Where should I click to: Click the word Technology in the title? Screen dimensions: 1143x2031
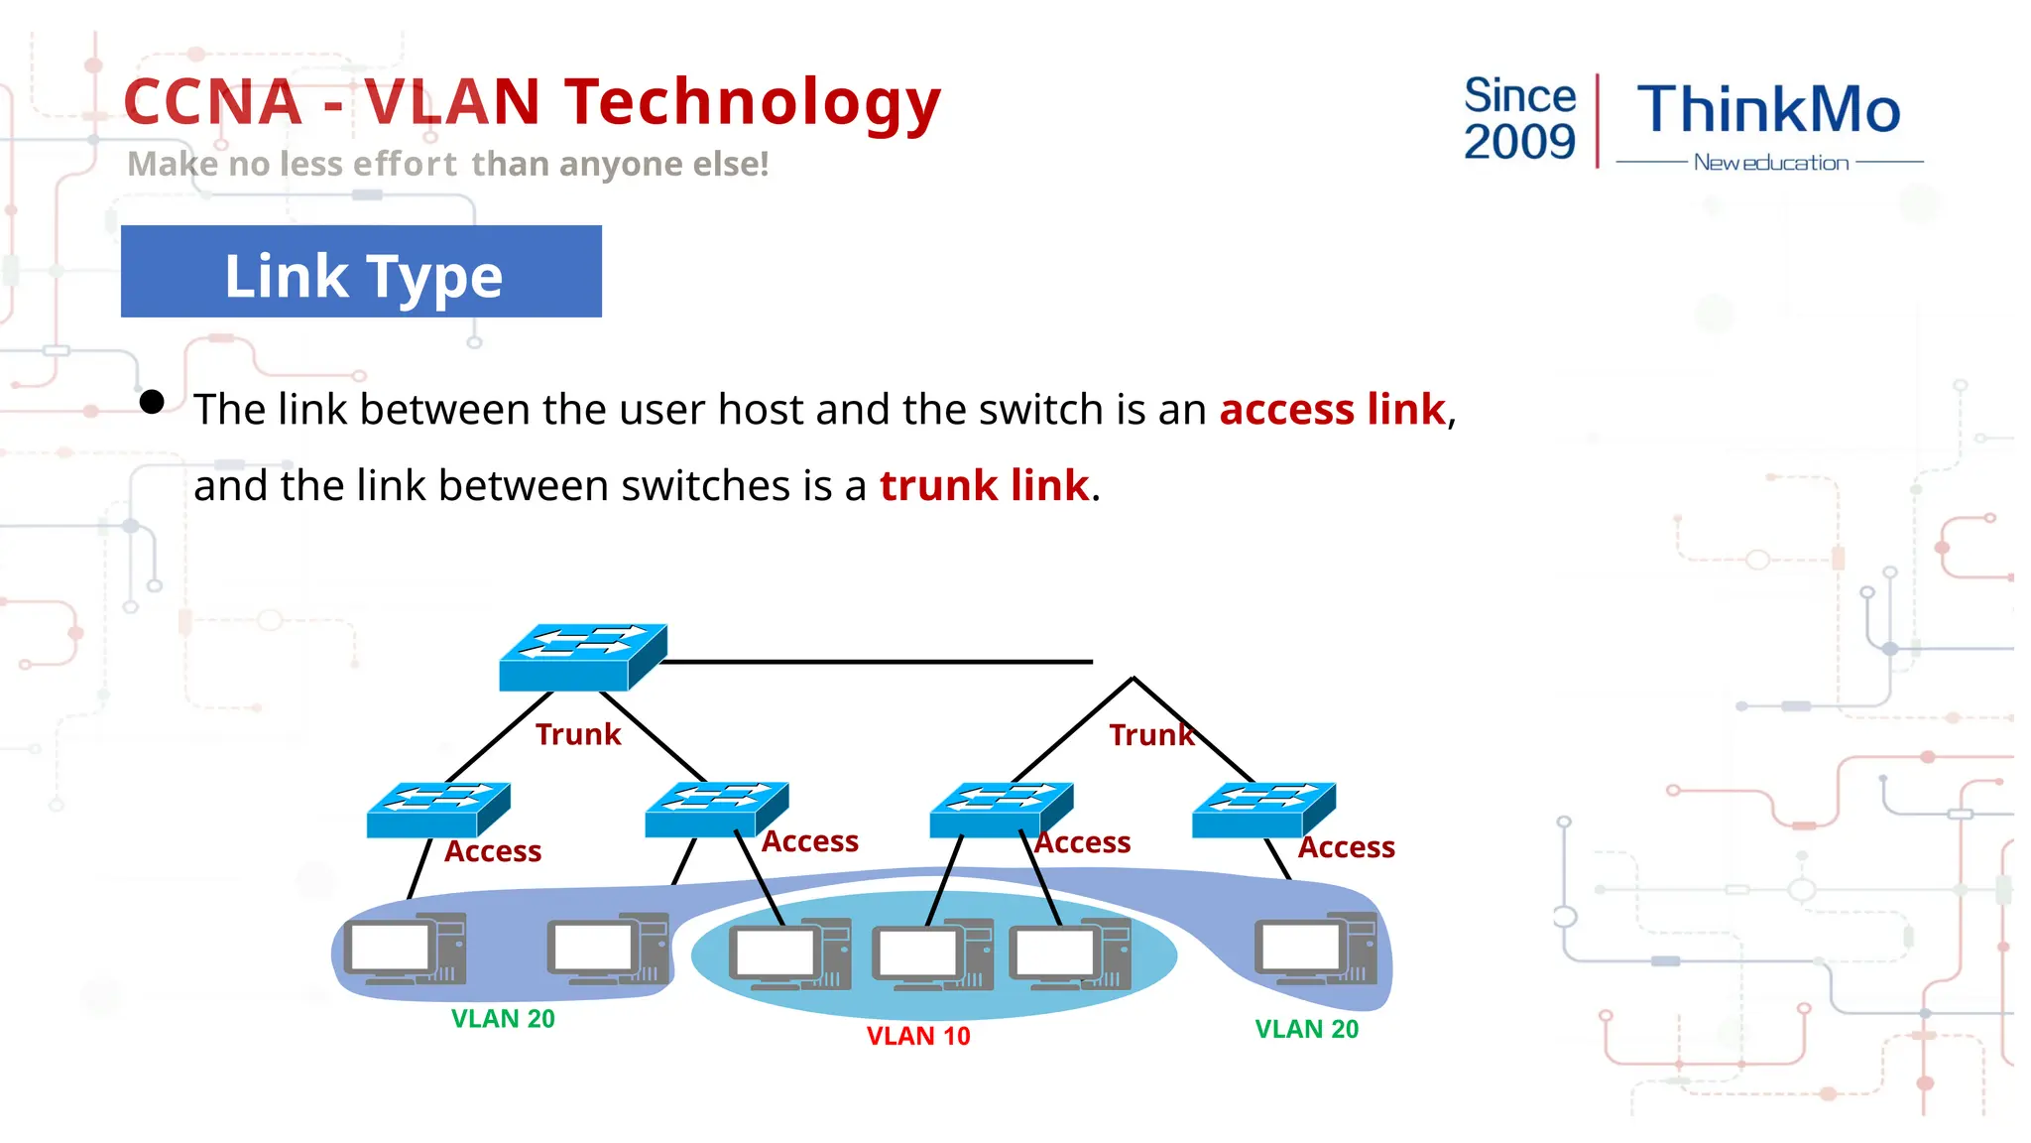752,103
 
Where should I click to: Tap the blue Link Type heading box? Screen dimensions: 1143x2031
361,272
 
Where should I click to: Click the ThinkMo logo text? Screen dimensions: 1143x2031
1768,109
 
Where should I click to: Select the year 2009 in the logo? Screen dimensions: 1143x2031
1519,142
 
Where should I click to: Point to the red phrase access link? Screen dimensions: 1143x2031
1332,410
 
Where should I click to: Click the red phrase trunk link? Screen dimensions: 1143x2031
984,486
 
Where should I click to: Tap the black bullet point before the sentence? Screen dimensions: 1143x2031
152,402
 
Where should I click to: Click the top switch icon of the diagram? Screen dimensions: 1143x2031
582,657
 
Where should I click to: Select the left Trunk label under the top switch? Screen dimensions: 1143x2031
578,734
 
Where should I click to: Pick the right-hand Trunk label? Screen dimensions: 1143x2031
1150,735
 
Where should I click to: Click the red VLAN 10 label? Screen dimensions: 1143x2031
918,1036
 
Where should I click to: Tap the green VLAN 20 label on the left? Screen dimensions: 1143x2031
503,1019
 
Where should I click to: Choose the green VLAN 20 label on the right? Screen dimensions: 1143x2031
1306,1029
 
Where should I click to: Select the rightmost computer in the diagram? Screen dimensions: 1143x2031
1315,949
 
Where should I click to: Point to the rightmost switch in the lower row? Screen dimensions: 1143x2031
1263,810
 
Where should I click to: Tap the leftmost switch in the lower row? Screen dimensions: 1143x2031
437,810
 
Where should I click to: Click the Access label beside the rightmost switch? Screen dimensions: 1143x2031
1346,847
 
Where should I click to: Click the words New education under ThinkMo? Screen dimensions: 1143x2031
1770,163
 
